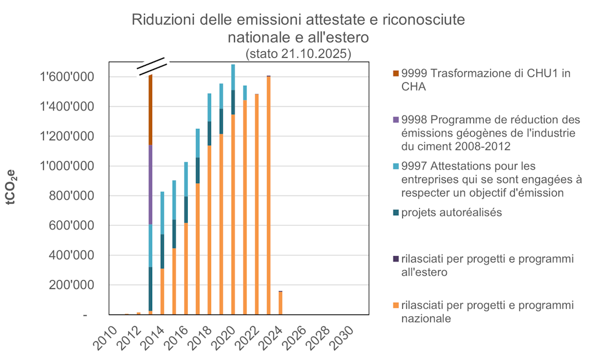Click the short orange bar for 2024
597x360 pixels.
pyautogui.click(x=280, y=303)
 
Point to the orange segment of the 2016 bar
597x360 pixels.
pyautogui.click(x=186, y=268)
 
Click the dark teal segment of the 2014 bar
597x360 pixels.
pyautogui.click(x=162, y=251)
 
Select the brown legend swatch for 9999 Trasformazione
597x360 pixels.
pyautogui.click(x=396, y=74)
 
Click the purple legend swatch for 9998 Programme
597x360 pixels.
pyautogui.click(x=396, y=120)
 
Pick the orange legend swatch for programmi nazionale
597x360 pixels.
pyautogui.click(x=396, y=305)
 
